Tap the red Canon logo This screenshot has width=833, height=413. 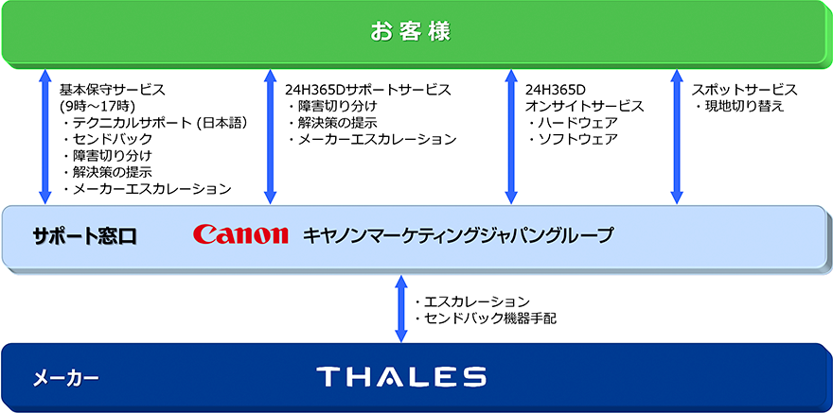point(240,234)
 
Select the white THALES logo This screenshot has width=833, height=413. point(401,377)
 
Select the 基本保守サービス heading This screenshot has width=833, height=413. point(112,90)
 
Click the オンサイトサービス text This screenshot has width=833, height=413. point(584,107)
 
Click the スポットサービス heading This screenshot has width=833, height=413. point(744,90)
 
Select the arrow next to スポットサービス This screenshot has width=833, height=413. point(677,136)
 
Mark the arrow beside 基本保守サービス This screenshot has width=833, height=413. point(44,136)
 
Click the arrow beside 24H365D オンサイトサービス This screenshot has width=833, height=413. point(511,136)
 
